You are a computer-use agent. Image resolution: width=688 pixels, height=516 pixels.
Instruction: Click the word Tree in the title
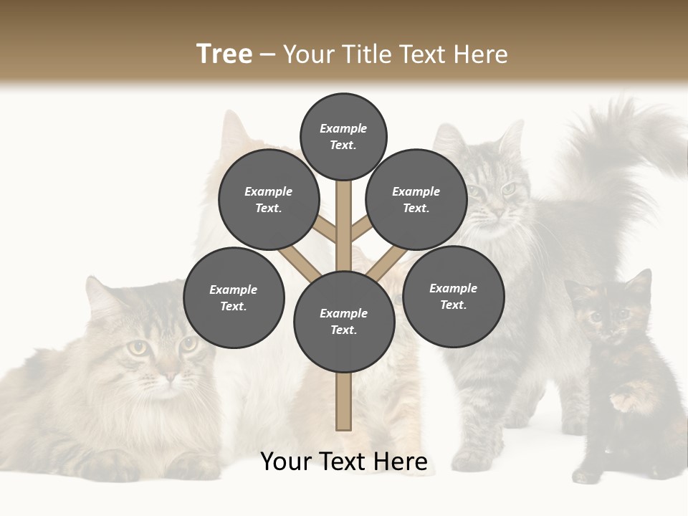(x=224, y=54)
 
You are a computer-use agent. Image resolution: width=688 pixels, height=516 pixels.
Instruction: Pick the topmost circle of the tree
(x=343, y=136)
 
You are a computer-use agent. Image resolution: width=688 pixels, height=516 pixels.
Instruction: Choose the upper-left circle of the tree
(x=269, y=199)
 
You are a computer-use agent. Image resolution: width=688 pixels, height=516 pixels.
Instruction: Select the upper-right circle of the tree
(x=416, y=199)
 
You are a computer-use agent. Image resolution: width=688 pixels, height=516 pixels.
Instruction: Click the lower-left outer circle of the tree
(x=234, y=297)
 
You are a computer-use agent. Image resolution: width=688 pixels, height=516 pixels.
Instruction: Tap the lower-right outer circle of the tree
(x=454, y=296)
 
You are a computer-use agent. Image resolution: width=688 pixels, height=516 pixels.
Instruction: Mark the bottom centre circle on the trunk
(x=344, y=322)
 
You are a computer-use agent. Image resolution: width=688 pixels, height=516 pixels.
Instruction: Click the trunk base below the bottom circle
(x=343, y=401)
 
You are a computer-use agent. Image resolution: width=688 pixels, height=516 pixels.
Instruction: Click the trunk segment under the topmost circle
(x=343, y=215)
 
